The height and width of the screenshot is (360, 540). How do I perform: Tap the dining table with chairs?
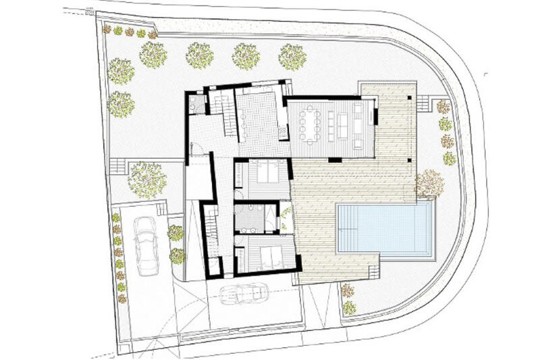pyautogui.click(x=311, y=126)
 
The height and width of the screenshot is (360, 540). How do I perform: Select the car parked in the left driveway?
pyautogui.click(x=146, y=246)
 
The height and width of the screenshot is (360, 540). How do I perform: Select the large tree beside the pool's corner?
pyautogui.click(x=429, y=184)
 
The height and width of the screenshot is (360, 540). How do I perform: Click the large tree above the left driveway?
pyautogui.click(x=146, y=179)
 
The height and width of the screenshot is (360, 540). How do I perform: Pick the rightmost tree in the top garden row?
pyautogui.click(x=292, y=57)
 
